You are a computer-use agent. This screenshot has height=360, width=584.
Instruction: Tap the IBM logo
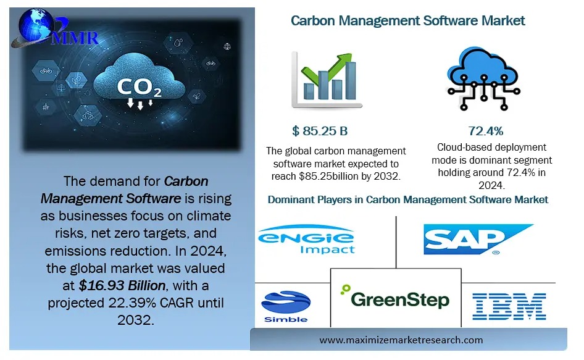click(509, 306)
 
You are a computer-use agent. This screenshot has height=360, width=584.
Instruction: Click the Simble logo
click(285, 306)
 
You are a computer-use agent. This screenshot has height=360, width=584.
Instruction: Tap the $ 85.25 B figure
click(320, 131)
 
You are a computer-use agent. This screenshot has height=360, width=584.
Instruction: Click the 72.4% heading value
click(486, 131)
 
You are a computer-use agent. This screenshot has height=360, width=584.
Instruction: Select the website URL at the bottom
click(410, 340)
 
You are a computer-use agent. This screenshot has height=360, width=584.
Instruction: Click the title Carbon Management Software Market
click(407, 20)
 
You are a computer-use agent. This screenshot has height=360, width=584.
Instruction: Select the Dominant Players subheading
click(407, 199)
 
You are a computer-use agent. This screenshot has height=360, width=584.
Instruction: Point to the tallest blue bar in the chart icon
click(351, 80)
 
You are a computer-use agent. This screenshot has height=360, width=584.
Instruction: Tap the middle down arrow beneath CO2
click(140, 106)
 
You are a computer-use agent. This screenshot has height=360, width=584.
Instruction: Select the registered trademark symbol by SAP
click(496, 252)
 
